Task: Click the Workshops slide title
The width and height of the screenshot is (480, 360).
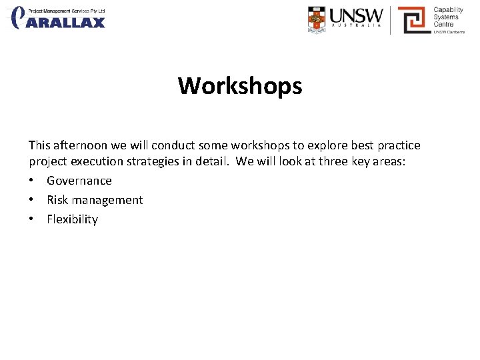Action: tap(240, 86)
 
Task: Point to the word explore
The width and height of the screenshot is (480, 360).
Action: tap(327, 145)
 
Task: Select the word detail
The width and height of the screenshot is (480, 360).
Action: tap(212, 161)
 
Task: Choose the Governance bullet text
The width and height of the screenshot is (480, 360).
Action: tap(79, 181)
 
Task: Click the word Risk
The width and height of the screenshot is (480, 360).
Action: tap(57, 200)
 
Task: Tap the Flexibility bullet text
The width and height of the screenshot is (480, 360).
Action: tap(72, 219)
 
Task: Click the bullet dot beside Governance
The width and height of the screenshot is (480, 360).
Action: tap(32, 181)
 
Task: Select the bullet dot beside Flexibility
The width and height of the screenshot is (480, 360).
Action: tap(32, 219)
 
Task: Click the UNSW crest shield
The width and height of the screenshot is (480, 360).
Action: tap(317, 19)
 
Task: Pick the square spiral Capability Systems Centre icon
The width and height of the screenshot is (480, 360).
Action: tap(413, 20)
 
